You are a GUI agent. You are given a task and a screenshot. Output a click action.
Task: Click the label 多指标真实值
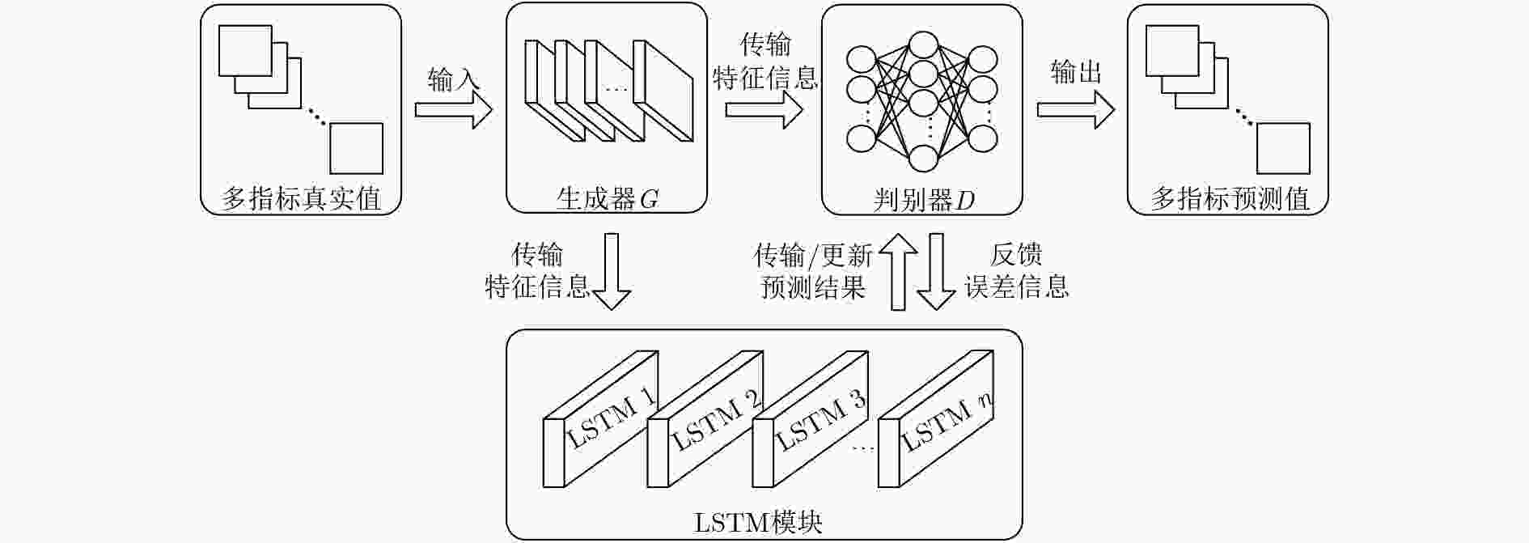click(301, 198)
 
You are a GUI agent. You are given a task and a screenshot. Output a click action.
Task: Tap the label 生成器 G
click(607, 198)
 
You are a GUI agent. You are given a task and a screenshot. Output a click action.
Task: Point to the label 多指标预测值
click(1230, 198)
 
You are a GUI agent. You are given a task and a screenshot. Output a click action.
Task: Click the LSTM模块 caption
click(758, 522)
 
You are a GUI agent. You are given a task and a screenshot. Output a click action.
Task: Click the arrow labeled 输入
click(453, 109)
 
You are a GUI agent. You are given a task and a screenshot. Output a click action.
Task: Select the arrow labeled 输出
click(1076, 109)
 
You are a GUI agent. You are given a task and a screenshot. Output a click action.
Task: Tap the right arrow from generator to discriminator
click(764, 109)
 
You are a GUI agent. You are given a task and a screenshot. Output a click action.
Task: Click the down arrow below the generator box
click(612, 272)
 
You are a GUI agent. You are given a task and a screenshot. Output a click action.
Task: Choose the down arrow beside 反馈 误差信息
click(936, 272)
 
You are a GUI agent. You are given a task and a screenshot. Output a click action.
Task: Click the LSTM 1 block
click(600, 419)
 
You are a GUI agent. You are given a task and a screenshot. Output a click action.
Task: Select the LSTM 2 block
click(705, 419)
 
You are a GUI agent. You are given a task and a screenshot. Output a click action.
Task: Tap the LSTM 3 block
click(810, 419)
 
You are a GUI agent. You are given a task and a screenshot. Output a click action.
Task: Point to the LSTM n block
click(935, 419)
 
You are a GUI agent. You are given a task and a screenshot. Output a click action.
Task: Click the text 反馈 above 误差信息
click(1016, 255)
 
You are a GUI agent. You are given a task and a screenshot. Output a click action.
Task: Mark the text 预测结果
click(813, 287)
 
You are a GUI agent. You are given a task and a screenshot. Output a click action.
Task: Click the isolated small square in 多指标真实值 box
click(356, 148)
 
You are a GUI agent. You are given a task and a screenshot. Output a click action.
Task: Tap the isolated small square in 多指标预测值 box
click(1283, 148)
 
